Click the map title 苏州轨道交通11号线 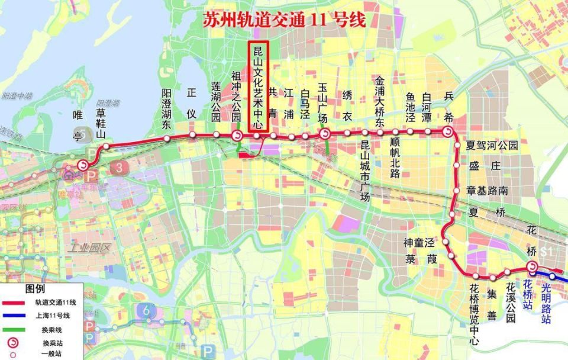284,20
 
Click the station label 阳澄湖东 167,109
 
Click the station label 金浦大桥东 380,101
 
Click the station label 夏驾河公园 492,145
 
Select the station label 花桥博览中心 475,314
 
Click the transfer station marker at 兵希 448,132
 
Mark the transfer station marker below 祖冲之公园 237,136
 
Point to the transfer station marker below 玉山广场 324,135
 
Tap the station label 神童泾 419,243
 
